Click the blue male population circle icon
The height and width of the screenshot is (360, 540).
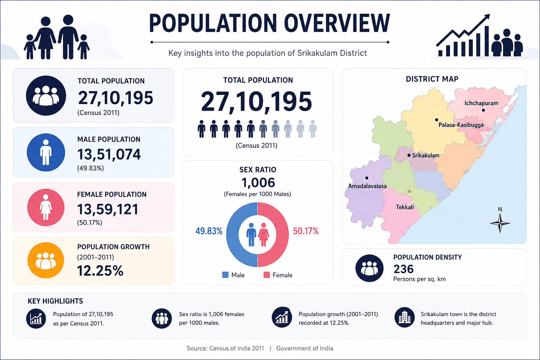coord(46,152)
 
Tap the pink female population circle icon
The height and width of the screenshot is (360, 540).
coord(46,207)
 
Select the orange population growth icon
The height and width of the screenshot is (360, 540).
coord(46,261)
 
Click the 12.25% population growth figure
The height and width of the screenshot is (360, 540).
coord(100,271)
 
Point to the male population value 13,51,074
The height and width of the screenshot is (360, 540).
coord(109,154)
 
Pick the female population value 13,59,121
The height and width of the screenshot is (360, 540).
coord(108,209)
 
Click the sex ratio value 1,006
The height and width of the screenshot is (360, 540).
coord(258,182)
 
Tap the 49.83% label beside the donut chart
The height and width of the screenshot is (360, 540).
coord(209,231)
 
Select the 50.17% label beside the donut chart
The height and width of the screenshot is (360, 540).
coord(306,231)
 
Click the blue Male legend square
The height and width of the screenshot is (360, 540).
coord(225,275)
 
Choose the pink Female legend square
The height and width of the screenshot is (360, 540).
coord(266,275)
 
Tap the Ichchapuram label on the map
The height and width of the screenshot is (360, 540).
coord(481,103)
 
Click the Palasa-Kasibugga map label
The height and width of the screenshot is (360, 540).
coord(461,125)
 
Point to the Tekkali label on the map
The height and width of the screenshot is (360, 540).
coord(405,207)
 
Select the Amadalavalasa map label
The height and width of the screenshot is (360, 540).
coord(367,186)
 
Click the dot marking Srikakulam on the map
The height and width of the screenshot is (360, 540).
coord(409,155)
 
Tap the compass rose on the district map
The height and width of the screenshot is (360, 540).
coord(500,223)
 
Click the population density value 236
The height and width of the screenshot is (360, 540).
coord(404,269)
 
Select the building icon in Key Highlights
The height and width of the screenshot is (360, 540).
coord(405,317)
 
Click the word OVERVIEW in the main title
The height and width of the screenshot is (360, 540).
coord(337,23)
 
